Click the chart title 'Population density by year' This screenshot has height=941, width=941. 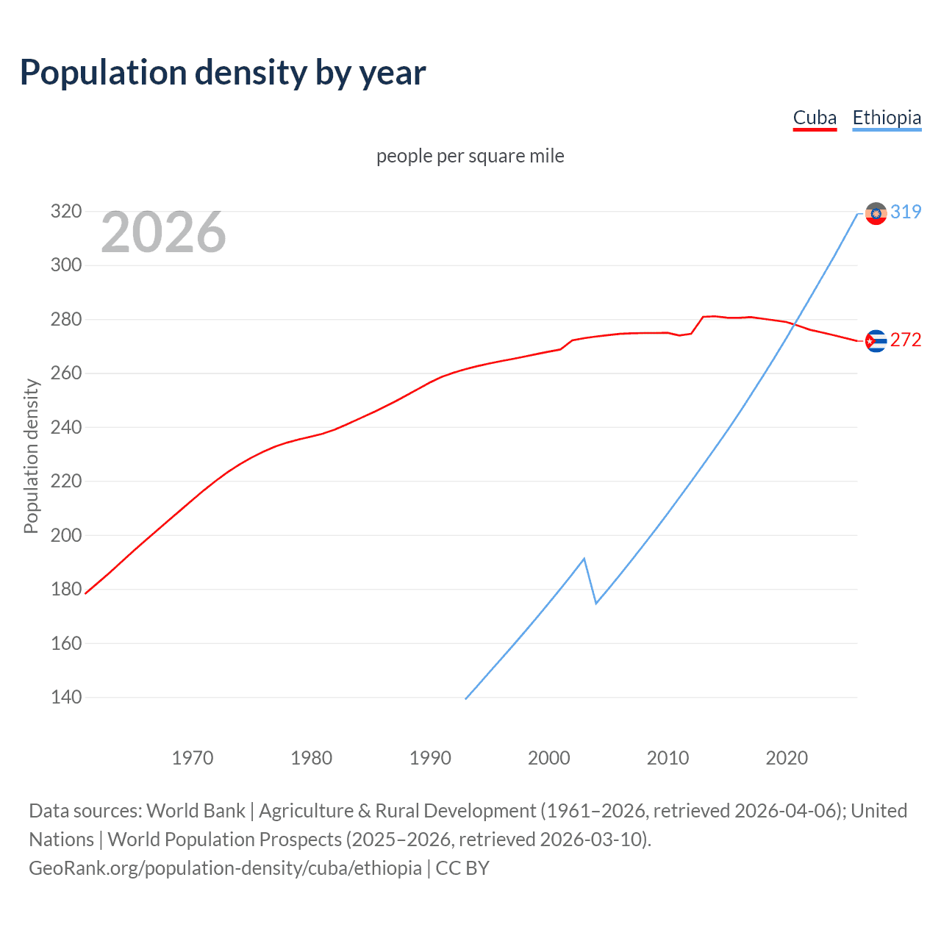pos(223,73)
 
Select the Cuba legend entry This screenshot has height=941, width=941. pos(815,118)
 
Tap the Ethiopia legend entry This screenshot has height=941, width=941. pos(887,118)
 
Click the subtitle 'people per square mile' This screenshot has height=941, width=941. pos(470,157)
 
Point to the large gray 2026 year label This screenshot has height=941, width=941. pos(163,232)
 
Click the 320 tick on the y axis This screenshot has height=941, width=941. pos(65,212)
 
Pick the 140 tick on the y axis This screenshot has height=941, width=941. pos(65,697)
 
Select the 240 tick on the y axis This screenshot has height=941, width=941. pos(65,427)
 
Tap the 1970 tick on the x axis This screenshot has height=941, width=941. pos(193,758)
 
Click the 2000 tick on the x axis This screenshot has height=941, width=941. pos(549,758)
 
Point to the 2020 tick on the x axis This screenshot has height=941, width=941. pos(787,758)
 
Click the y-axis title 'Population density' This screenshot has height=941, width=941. pos(31,456)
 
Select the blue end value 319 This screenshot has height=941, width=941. pos(906,212)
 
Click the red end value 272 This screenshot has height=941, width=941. pos(906,340)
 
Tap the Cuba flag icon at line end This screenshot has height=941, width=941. pos(876,341)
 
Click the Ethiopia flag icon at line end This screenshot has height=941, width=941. pos(876,213)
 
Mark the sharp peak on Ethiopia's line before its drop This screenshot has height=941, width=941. pos(584,559)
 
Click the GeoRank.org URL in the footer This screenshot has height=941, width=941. pos(225,868)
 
